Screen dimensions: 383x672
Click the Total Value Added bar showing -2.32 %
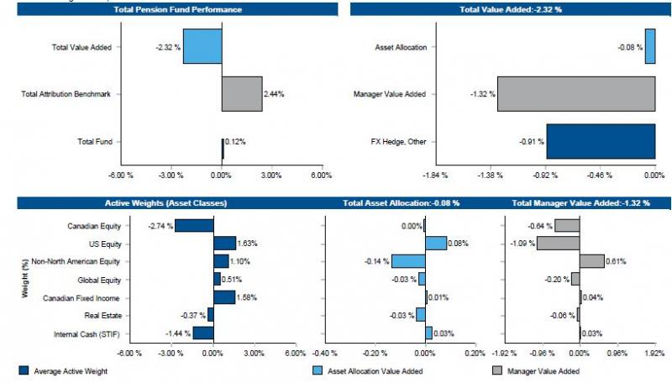point(202,46)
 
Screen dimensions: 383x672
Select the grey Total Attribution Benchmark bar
point(242,94)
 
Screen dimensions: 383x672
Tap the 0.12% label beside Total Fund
point(235,142)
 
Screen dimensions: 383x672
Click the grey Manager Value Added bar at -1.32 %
point(576,94)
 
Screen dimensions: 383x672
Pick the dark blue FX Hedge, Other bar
point(601,141)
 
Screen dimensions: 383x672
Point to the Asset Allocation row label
point(402,47)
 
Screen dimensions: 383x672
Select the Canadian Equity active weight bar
point(194,225)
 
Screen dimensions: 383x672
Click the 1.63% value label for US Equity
point(248,244)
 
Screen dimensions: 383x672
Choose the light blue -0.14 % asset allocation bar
point(407,261)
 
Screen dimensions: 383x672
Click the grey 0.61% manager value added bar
point(591,261)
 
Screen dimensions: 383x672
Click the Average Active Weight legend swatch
point(23,370)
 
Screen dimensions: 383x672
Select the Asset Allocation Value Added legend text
point(383,370)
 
